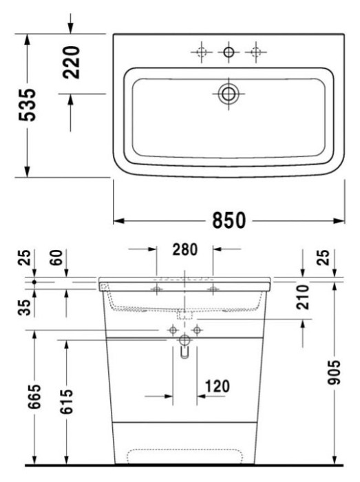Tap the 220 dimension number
[x=72, y=61]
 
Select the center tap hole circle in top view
[x=228, y=52]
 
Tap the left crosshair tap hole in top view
[x=200, y=52]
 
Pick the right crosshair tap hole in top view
[x=255, y=52]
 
